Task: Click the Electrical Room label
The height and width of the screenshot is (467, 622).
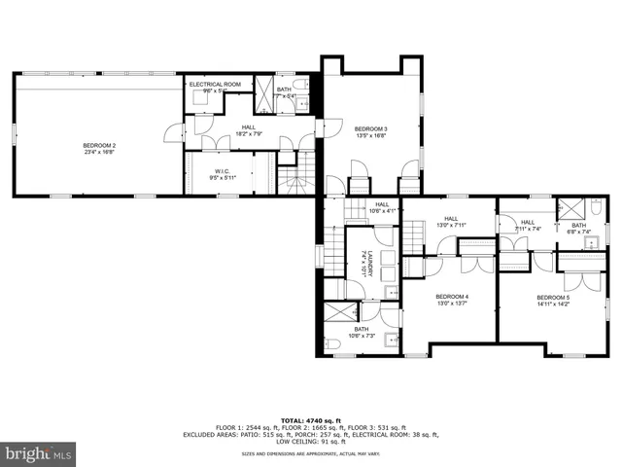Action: (x=215, y=85)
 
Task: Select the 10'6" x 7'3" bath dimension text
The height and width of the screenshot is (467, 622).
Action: (x=362, y=337)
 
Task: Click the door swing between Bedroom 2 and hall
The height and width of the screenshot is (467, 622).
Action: (x=175, y=133)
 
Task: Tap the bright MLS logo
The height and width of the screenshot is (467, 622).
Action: (x=38, y=453)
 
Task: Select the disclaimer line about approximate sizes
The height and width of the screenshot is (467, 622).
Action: (x=310, y=453)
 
